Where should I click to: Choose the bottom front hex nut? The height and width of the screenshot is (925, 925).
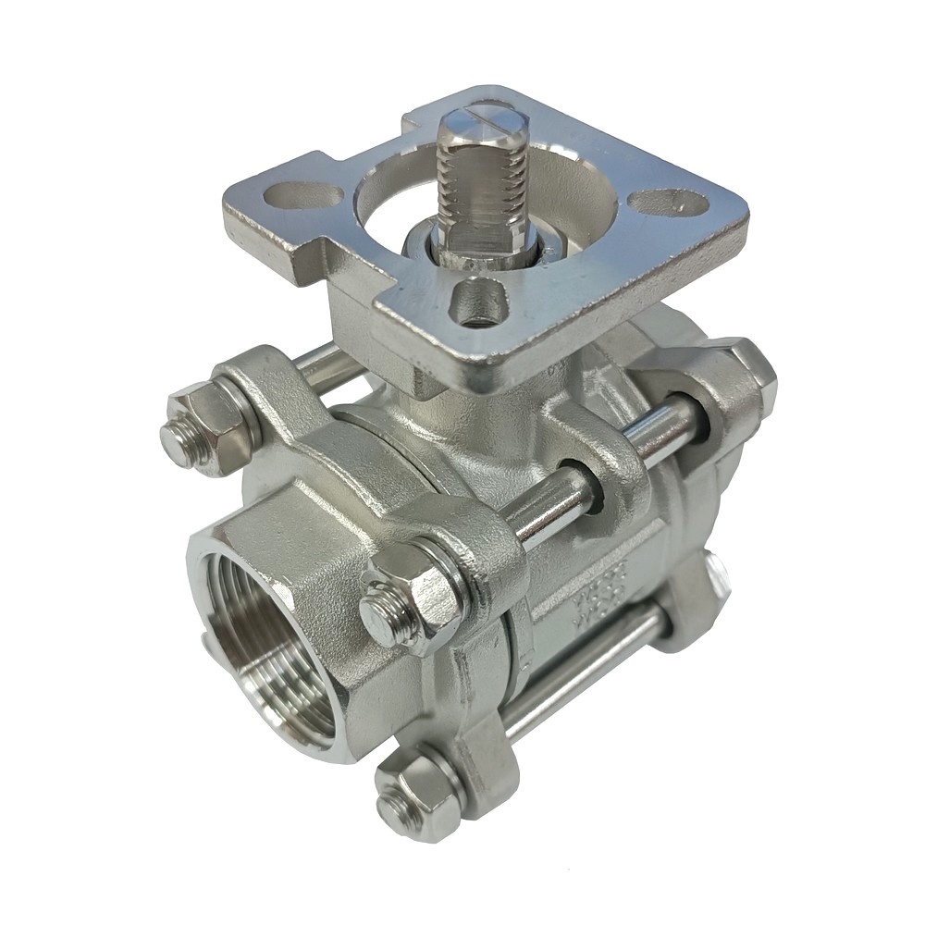click(x=421, y=794)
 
